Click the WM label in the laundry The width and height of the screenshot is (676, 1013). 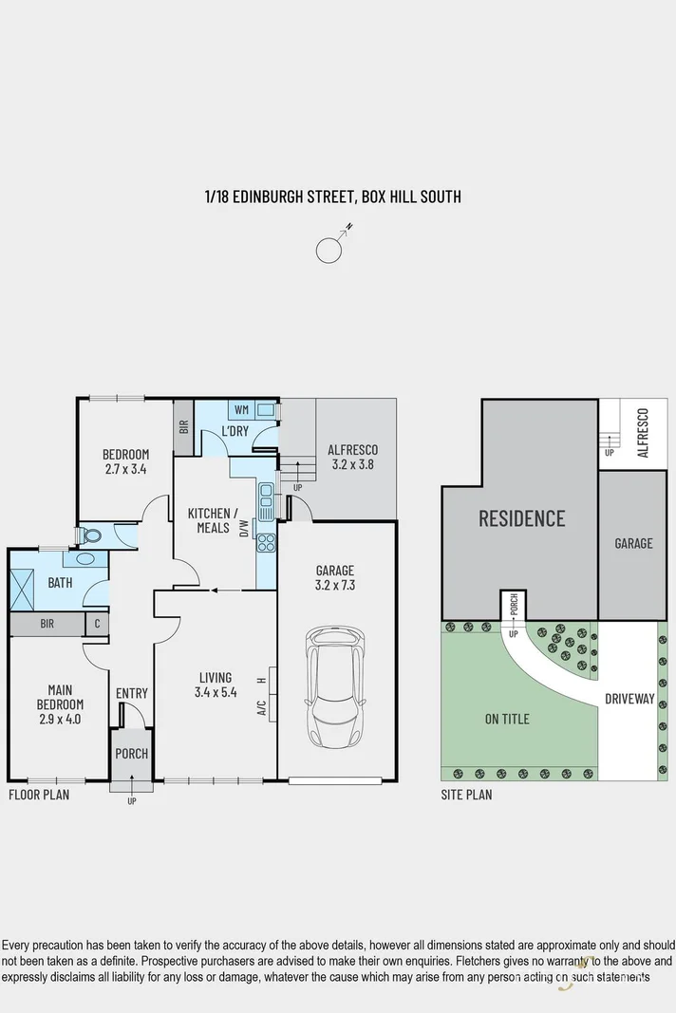[x=241, y=410]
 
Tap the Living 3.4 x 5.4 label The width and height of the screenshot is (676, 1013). [x=216, y=685]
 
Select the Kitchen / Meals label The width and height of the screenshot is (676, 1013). [x=210, y=520]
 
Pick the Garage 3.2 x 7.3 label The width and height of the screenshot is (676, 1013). [x=335, y=577]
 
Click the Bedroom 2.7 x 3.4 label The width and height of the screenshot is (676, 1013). [x=126, y=461]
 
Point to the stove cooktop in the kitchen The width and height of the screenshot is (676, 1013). [x=267, y=543]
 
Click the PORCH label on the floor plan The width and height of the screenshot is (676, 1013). [x=131, y=755]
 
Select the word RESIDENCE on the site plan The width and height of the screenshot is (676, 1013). [x=521, y=518]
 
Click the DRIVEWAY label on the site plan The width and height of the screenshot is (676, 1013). [x=629, y=699]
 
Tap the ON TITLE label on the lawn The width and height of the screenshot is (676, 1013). [x=507, y=719]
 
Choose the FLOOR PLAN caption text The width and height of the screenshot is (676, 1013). [x=39, y=795]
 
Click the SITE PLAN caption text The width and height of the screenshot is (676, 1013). [x=466, y=795]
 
